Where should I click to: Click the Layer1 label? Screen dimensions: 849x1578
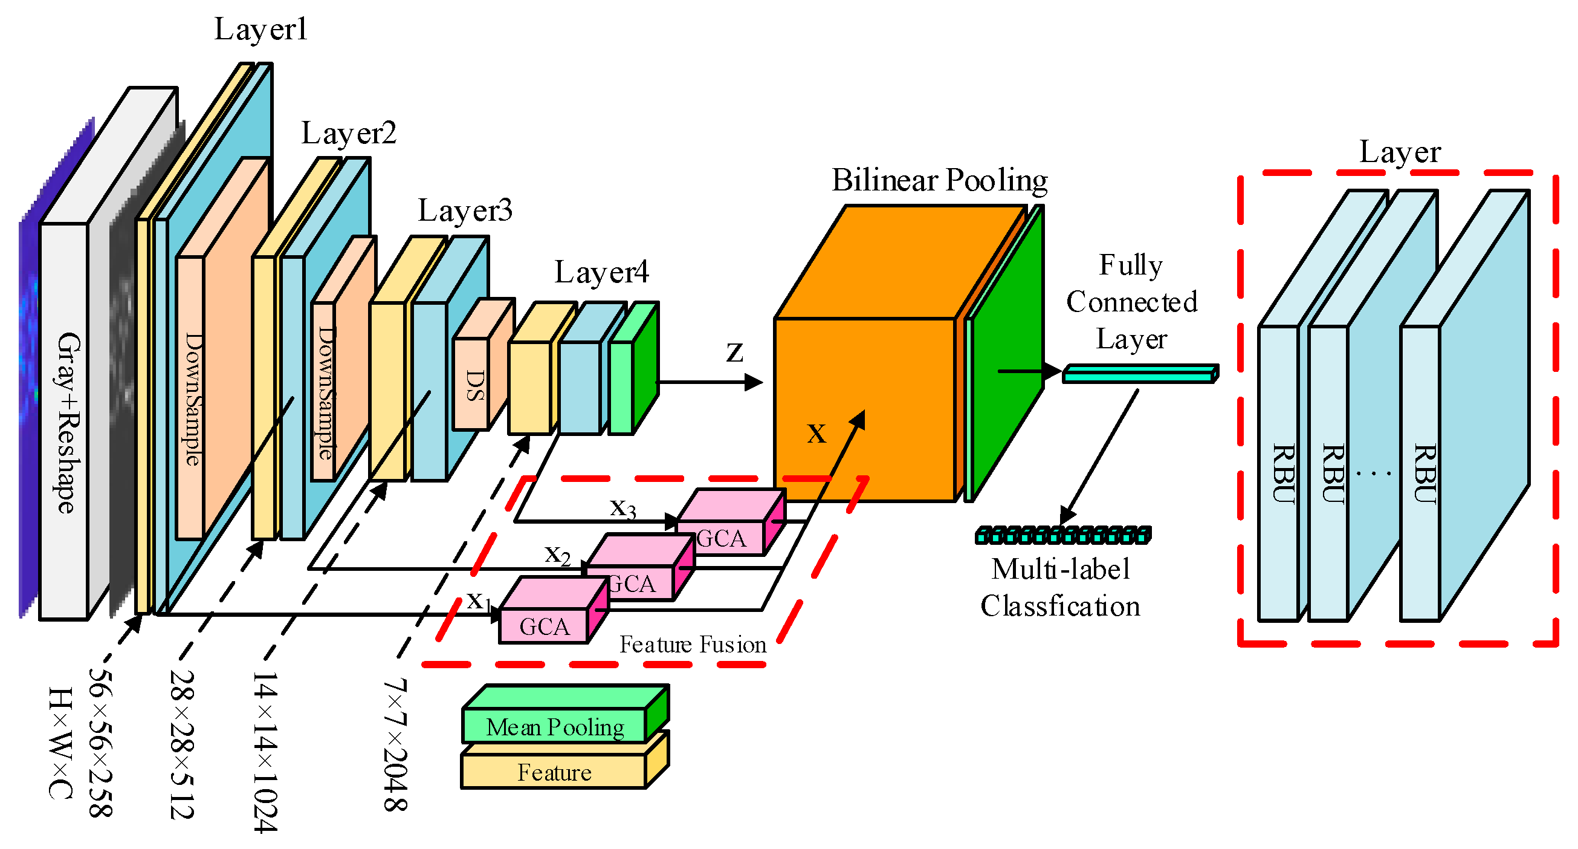(260, 30)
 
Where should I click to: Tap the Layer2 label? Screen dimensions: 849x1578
(349, 134)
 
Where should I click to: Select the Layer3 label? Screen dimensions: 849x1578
(465, 211)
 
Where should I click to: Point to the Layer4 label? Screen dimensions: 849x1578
(601, 272)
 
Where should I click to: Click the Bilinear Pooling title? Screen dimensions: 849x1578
(939, 181)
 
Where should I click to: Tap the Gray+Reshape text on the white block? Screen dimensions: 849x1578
(67, 423)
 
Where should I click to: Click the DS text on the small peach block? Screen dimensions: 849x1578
(475, 385)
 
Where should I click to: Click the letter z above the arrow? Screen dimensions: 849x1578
(734, 353)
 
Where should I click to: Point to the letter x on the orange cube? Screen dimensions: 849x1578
(816, 434)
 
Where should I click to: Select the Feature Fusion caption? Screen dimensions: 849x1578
(692, 645)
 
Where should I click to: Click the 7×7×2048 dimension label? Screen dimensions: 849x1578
(395, 745)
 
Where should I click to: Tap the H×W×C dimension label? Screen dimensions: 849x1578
(60, 743)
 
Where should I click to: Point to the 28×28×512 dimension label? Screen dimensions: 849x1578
(182, 745)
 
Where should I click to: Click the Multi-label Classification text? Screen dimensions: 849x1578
(1061, 587)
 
